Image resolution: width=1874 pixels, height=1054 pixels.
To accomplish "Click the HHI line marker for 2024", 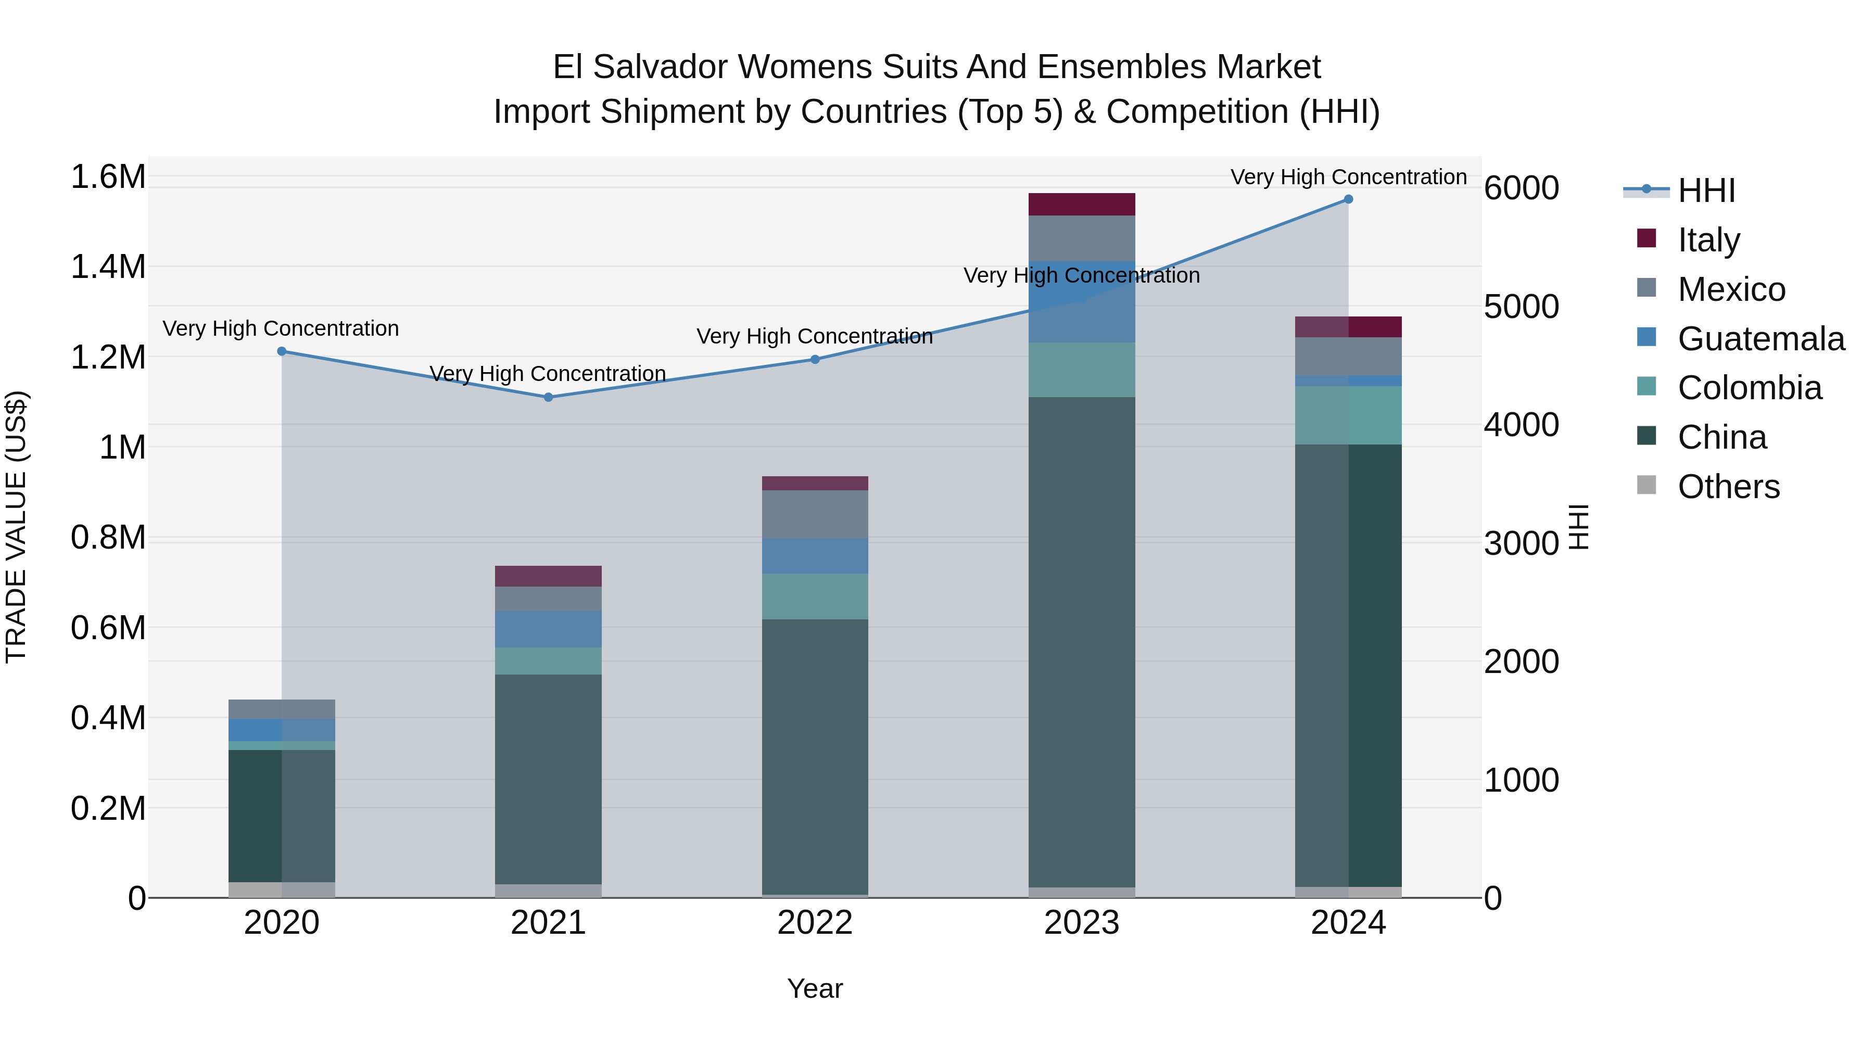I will pyautogui.click(x=1348, y=199).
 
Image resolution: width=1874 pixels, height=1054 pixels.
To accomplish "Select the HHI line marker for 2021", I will pyautogui.click(x=549, y=397).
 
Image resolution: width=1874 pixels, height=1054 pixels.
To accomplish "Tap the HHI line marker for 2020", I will pyautogui.click(x=282, y=351).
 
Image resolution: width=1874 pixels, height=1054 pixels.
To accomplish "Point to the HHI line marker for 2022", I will pyautogui.click(x=815, y=359).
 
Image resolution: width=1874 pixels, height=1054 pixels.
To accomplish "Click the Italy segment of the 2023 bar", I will pyautogui.click(x=1081, y=205).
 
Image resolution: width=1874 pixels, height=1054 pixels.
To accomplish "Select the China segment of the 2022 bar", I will pyautogui.click(x=815, y=756).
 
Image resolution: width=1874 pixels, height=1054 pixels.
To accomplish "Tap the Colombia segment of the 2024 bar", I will pyautogui.click(x=1348, y=415).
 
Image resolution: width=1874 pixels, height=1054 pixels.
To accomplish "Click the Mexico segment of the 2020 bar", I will pyautogui.click(x=282, y=709).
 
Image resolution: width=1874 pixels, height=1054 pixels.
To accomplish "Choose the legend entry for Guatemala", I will pyautogui.click(x=1761, y=339).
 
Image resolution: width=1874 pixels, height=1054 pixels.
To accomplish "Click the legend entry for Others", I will pyautogui.click(x=1728, y=487).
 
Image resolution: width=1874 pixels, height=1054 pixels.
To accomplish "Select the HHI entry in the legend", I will pyautogui.click(x=1706, y=191).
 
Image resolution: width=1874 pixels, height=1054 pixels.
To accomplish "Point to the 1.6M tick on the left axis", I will pyautogui.click(x=108, y=177).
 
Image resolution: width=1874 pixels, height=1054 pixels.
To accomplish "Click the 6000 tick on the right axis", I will pyautogui.click(x=1521, y=188).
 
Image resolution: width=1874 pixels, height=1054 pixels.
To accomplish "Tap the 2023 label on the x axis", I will pyautogui.click(x=1081, y=923).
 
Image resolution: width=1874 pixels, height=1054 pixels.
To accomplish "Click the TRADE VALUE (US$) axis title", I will pyautogui.click(x=17, y=527).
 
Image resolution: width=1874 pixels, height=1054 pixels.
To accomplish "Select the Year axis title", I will pyautogui.click(x=815, y=988).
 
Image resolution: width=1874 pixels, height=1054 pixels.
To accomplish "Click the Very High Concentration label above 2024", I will pyautogui.click(x=1348, y=177).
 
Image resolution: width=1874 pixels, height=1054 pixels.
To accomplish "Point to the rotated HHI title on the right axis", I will pyautogui.click(x=1579, y=527).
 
